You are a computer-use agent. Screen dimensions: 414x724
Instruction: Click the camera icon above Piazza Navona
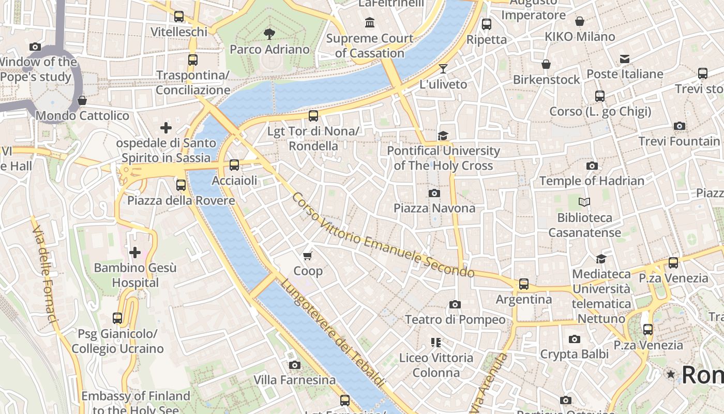point(434,193)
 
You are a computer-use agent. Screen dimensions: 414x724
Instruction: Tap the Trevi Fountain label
point(679,141)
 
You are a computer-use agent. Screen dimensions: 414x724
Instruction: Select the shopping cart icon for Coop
point(308,256)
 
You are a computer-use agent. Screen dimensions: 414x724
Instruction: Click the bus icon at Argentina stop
point(524,284)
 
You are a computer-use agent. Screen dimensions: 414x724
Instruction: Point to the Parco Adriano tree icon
point(269,34)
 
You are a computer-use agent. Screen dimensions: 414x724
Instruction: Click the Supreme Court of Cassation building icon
point(370,22)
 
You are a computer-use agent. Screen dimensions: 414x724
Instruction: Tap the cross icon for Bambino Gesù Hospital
point(135,253)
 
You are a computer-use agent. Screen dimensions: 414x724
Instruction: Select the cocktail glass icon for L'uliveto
point(443,68)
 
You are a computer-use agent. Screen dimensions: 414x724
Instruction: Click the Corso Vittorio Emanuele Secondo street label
point(383,235)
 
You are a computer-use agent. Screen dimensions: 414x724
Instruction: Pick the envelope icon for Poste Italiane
point(625,59)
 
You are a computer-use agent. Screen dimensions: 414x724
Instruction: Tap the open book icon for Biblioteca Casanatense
point(584,202)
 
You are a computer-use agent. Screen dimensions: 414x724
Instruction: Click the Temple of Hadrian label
point(592,181)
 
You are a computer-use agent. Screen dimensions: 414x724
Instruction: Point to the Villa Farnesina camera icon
point(295,365)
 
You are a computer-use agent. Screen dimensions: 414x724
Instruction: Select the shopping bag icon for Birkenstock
point(546,64)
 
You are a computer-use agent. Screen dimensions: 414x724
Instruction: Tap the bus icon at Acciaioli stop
point(234,165)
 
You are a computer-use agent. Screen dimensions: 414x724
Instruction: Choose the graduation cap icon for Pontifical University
point(443,136)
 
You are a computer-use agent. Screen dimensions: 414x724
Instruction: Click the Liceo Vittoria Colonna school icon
point(436,342)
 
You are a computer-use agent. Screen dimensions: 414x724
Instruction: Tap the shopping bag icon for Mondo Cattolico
point(82,100)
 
